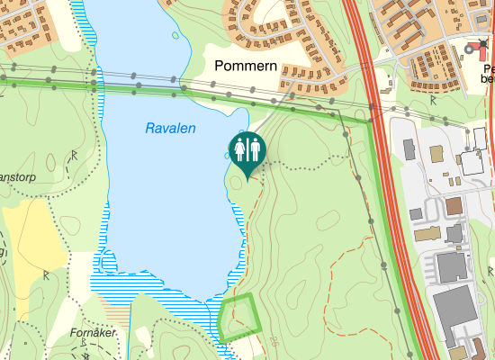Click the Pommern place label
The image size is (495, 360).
tap(246, 67)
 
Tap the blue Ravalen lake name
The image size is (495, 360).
tap(170, 129)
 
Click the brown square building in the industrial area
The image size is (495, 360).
tap(454, 206)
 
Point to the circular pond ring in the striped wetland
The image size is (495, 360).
tap(107, 261)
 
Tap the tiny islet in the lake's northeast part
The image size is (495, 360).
tap(171, 36)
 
